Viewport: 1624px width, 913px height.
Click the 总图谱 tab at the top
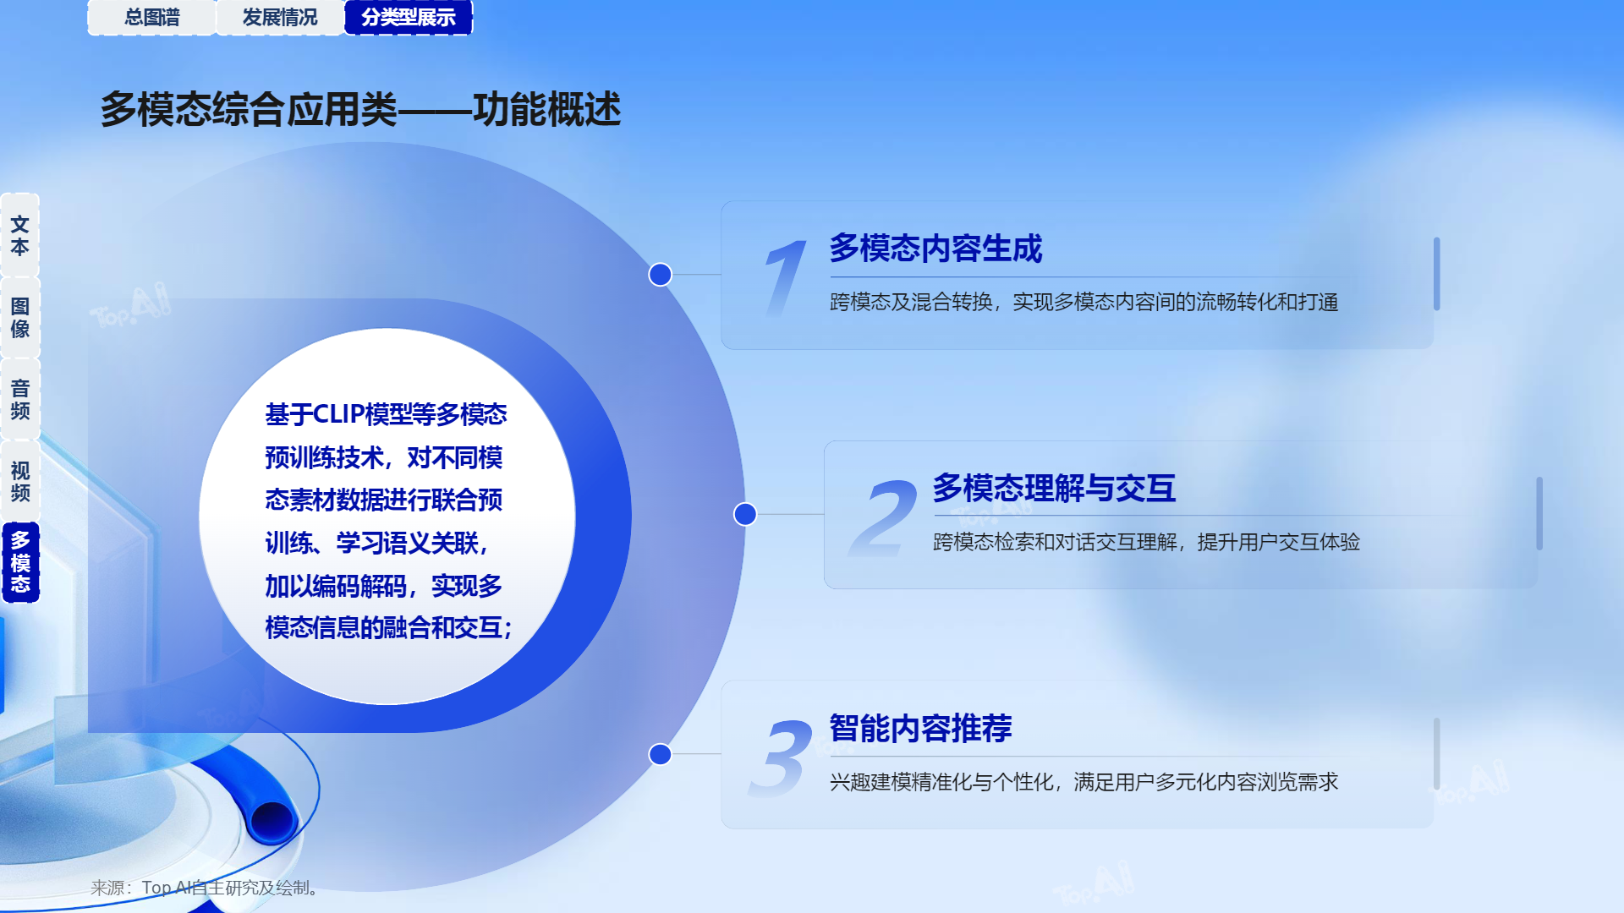click(152, 17)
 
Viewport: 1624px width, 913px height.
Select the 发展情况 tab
click(280, 17)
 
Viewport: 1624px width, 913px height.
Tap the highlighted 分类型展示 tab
click(409, 17)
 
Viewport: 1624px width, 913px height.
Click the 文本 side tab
click(20, 235)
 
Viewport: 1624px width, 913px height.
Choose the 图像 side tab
click(20, 317)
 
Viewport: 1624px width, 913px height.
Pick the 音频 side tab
click(20, 399)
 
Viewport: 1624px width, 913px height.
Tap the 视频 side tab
click(20, 481)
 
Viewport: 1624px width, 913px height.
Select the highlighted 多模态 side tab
click(20, 562)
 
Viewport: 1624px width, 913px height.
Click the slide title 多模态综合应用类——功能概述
click(360, 110)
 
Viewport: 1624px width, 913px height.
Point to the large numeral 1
click(785, 277)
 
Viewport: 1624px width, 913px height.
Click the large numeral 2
click(883, 517)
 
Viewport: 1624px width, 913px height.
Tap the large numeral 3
click(781, 757)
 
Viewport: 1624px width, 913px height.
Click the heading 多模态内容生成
click(935, 249)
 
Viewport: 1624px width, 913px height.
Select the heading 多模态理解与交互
click(1054, 489)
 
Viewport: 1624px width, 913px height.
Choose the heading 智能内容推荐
click(920, 729)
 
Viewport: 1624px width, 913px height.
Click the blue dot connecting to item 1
click(660, 275)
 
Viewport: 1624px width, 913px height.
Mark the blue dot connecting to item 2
click(745, 514)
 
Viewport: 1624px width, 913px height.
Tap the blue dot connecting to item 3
click(660, 754)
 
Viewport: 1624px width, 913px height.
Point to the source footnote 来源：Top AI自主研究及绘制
click(204, 888)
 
